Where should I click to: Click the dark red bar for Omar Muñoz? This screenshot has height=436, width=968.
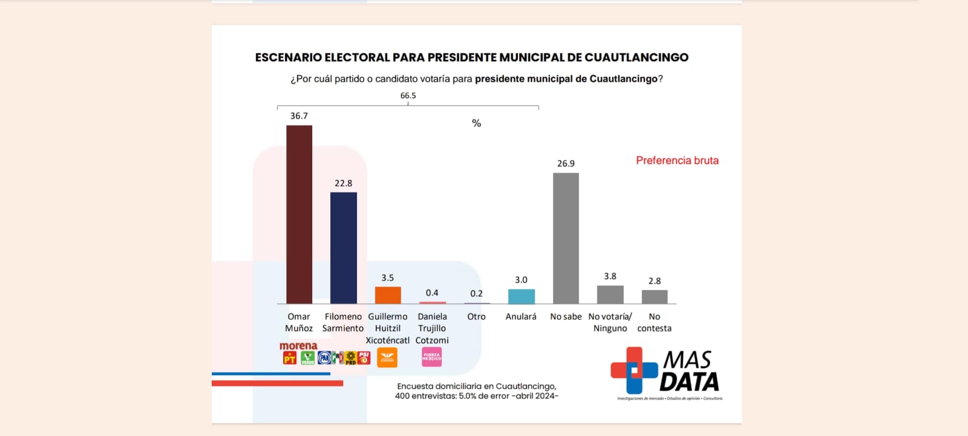click(299, 214)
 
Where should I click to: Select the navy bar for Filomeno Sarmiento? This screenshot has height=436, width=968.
click(343, 248)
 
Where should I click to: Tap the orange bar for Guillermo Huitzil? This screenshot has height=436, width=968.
click(388, 295)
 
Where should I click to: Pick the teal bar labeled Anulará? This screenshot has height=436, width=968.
click(521, 296)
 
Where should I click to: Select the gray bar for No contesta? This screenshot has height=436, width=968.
click(655, 297)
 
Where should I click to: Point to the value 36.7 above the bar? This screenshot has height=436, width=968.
click(299, 116)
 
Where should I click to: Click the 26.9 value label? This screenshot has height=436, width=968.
click(566, 163)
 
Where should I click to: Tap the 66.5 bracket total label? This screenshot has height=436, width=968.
click(408, 96)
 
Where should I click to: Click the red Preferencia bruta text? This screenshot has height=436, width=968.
click(677, 160)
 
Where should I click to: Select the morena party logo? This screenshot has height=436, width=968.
click(298, 346)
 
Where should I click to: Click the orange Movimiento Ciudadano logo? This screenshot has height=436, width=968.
click(387, 357)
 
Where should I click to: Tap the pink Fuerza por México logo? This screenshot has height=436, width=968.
click(431, 357)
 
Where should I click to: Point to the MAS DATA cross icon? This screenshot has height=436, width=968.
click(633, 370)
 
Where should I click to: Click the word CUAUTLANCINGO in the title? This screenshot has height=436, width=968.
click(636, 58)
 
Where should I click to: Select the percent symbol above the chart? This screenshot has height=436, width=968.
click(476, 124)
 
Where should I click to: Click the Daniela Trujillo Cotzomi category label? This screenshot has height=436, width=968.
click(432, 328)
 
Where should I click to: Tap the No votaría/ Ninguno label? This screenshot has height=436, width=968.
click(610, 322)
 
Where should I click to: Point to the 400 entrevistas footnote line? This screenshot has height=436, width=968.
click(476, 396)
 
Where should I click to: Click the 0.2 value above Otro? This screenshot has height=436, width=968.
click(476, 294)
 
